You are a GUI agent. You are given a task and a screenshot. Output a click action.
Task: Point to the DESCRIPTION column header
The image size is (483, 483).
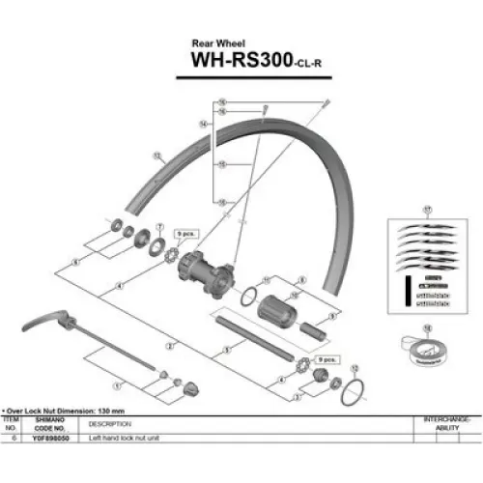point(108,423)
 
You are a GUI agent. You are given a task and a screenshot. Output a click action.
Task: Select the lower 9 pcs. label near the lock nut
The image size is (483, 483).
point(326,358)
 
